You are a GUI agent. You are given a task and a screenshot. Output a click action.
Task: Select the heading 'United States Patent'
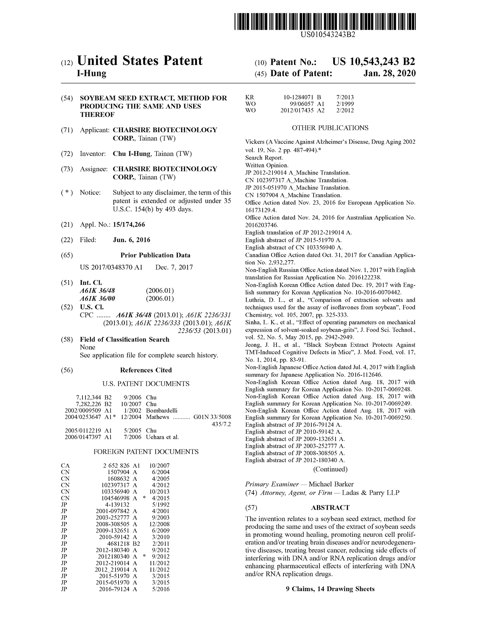tap(140, 61)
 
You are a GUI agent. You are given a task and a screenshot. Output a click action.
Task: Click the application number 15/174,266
tap(129, 224)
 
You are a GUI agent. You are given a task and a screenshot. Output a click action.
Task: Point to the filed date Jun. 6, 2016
tap(132, 240)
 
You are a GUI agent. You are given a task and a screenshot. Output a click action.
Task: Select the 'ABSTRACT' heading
tap(330, 508)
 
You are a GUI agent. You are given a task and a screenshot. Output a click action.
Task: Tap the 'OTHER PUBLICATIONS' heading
tap(330, 128)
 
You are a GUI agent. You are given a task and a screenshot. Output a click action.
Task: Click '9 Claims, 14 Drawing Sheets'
tap(330, 589)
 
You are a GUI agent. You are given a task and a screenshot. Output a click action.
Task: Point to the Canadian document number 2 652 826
tap(116, 465)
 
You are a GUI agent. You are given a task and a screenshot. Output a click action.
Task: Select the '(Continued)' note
tap(330, 469)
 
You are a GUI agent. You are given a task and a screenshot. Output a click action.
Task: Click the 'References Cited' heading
tap(146, 370)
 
